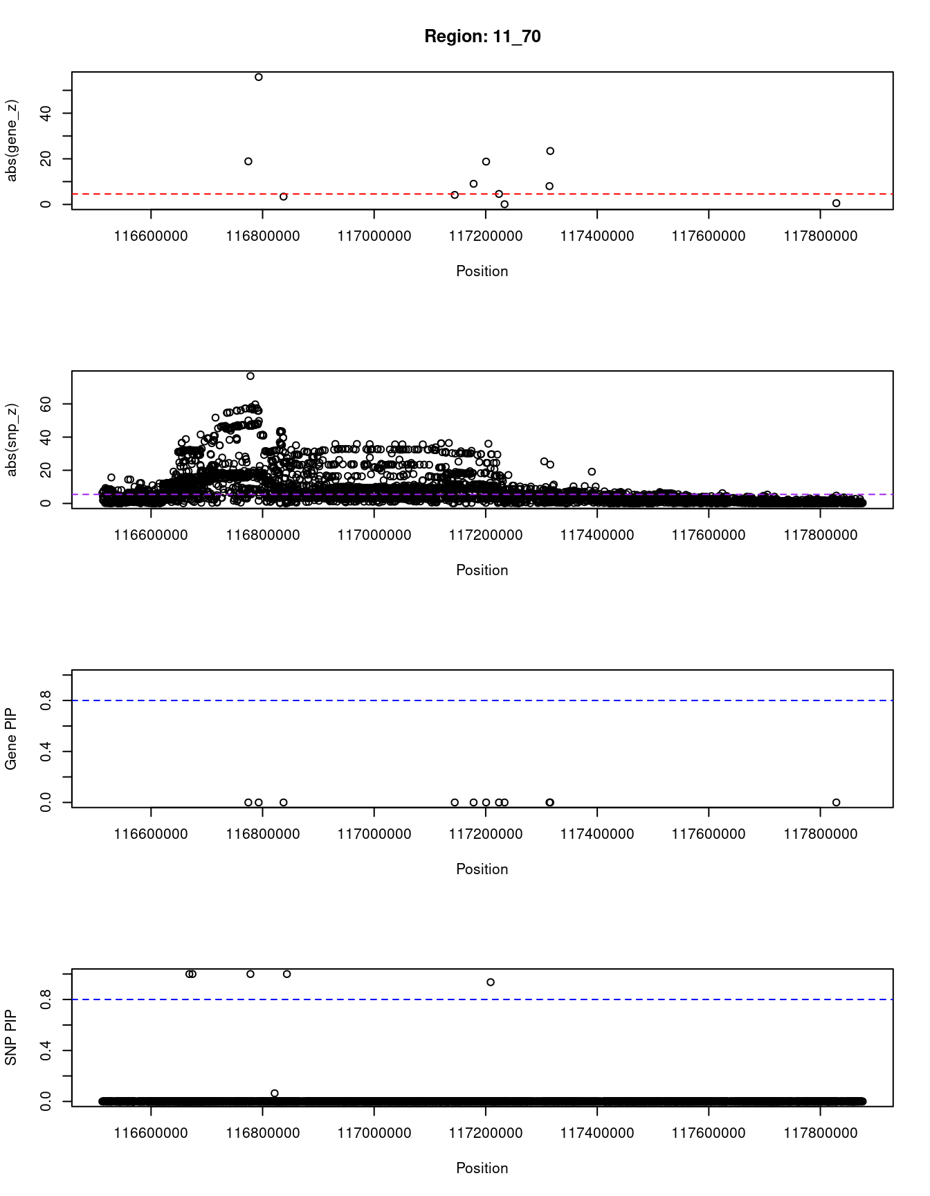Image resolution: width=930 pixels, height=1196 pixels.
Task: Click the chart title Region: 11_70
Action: tap(482, 37)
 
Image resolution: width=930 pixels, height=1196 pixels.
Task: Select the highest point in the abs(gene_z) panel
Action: tap(259, 77)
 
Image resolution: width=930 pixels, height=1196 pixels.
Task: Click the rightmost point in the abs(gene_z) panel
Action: tap(836, 203)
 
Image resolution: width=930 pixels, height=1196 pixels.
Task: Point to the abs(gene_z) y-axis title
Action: tap(12, 141)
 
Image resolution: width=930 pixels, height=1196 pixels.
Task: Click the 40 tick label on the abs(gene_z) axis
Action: tap(46, 114)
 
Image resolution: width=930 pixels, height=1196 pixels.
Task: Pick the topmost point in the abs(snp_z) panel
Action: tap(250, 376)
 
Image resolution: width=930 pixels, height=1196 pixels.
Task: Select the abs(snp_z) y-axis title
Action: tap(12, 440)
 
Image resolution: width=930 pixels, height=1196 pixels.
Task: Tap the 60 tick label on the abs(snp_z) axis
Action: tap(46, 404)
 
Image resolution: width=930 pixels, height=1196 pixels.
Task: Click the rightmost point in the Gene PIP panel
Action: tap(836, 802)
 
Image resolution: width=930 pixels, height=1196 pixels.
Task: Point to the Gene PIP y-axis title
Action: tap(12, 739)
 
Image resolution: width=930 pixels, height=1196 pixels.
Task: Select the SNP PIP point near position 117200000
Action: tap(491, 982)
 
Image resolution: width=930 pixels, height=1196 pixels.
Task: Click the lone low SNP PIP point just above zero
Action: tap(275, 1093)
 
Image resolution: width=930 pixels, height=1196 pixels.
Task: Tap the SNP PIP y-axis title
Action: tap(12, 1038)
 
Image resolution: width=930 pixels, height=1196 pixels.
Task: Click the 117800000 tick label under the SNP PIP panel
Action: tap(820, 1133)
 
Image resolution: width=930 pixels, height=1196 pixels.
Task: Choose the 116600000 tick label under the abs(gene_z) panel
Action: tap(151, 236)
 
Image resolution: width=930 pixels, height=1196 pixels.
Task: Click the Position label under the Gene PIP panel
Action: tap(482, 869)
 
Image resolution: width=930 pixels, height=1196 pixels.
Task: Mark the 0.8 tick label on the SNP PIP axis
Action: tap(46, 999)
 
